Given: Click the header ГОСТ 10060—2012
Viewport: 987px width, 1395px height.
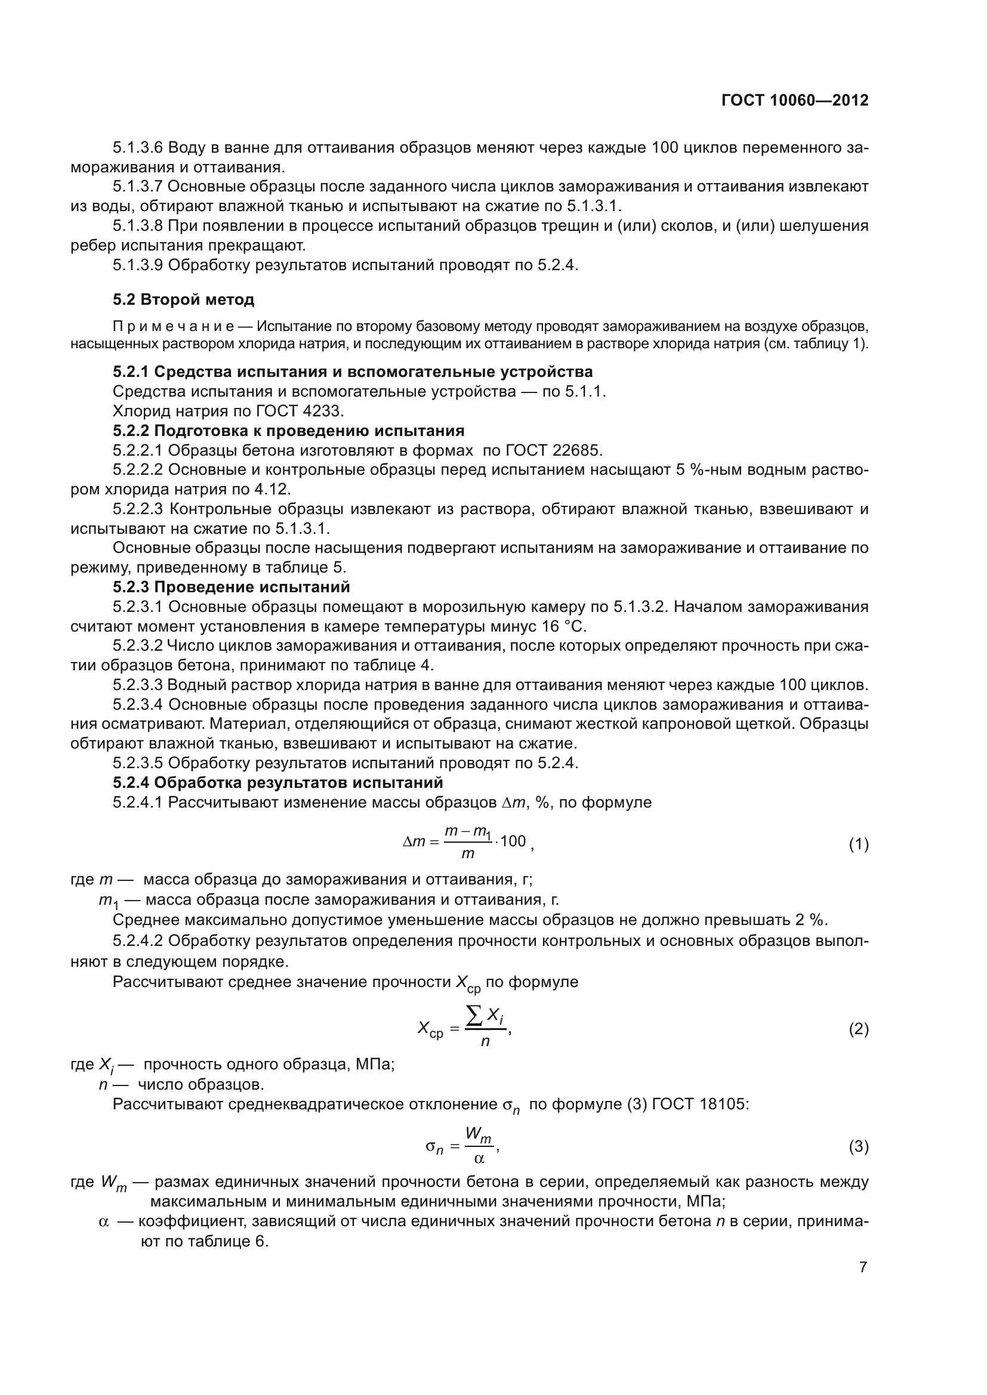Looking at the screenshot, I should pyautogui.click(x=795, y=101).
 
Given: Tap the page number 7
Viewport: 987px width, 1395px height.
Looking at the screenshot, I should pyautogui.click(x=863, y=1267).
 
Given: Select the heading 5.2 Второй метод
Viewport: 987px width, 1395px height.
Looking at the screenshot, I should pyautogui.click(x=184, y=299).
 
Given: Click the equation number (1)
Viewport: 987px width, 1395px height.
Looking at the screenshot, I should pyautogui.click(x=858, y=844).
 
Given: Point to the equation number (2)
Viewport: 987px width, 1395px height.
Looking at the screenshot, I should pyautogui.click(x=858, y=1029).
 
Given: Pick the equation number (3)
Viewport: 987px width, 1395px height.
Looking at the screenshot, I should pyautogui.click(x=858, y=1146).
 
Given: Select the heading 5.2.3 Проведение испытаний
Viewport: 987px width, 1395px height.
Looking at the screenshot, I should pyautogui.click(x=231, y=587).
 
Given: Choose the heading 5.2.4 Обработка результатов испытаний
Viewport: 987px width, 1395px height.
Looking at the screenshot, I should pyautogui.click(x=277, y=782).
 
